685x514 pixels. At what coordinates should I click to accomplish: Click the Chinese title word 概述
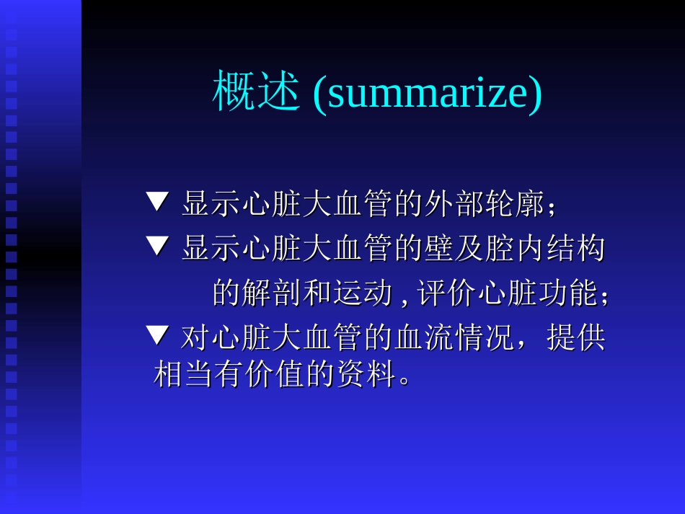(255, 92)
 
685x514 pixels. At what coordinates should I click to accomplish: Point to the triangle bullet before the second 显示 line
(156, 247)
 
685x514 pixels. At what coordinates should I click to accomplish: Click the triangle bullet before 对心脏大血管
(156, 334)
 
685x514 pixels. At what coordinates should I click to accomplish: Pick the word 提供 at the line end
(576, 337)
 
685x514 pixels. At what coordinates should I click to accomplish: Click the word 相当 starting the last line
(184, 375)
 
